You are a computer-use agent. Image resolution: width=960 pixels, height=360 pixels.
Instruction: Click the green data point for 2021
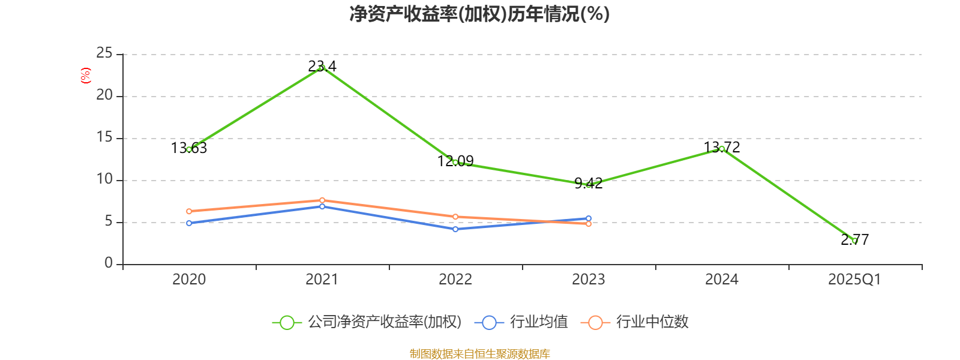tap(322, 68)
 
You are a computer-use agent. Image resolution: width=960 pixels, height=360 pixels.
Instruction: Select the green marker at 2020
tap(189, 149)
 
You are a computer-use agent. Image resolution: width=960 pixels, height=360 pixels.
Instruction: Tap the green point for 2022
tap(455, 163)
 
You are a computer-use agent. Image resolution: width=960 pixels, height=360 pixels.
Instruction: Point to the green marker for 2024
tap(722, 149)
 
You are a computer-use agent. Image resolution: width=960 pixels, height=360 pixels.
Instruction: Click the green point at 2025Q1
tap(855, 241)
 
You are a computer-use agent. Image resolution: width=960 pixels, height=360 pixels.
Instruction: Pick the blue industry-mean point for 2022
tap(455, 229)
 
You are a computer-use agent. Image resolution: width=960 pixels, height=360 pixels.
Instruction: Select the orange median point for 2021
tap(322, 200)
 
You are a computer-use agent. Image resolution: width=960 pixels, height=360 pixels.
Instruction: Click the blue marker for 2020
tap(189, 223)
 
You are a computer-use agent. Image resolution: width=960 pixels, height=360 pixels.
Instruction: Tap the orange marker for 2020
tap(189, 211)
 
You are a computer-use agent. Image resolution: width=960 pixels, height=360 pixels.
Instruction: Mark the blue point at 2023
tap(589, 218)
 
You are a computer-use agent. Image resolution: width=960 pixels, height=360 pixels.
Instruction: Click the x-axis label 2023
tap(588, 280)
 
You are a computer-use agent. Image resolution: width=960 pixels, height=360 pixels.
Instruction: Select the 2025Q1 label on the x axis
tap(854, 280)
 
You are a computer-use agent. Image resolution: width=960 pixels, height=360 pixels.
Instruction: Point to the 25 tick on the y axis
tap(104, 53)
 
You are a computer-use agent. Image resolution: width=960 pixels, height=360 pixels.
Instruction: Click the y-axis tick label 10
tap(104, 179)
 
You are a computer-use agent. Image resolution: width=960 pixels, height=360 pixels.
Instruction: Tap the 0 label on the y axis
tap(109, 263)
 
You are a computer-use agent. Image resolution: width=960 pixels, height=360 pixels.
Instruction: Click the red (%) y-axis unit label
tap(86, 76)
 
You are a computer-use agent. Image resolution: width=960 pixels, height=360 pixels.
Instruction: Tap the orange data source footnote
tap(479, 354)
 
